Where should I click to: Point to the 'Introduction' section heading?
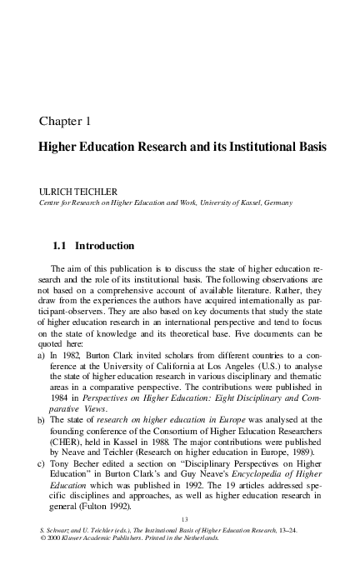(x=105, y=247)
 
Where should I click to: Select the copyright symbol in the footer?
(x=43, y=539)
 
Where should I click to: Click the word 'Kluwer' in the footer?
(x=81, y=539)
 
